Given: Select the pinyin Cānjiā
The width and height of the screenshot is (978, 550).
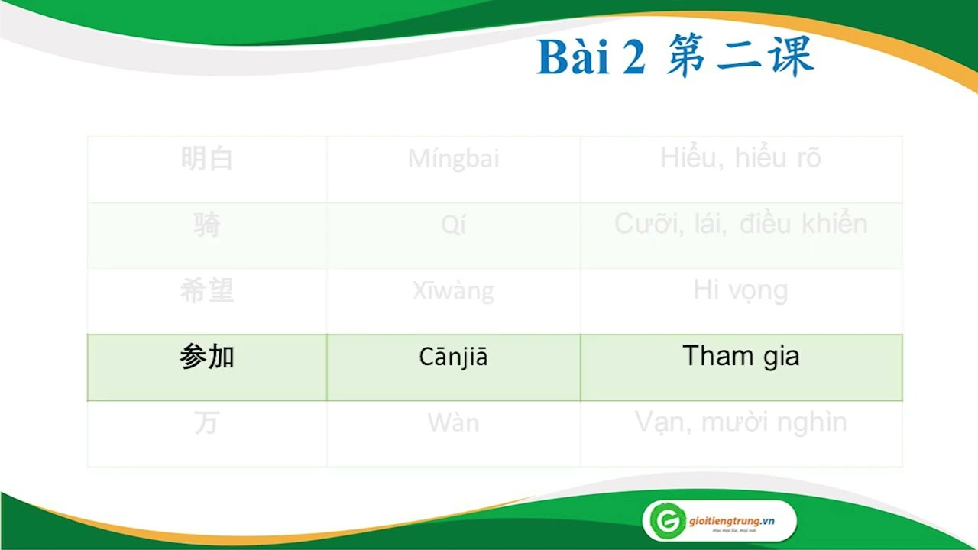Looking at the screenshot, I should click(x=453, y=357).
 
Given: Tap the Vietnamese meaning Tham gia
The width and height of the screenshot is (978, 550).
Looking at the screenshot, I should click(x=740, y=356).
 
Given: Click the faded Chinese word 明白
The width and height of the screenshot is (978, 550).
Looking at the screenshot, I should click(x=207, y=159).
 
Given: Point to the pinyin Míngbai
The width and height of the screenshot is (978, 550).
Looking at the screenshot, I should click(x=453, y=159).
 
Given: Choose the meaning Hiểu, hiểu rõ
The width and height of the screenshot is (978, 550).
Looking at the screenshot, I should click(x=740, y=158).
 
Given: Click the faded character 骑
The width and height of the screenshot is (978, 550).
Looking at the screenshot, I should click(x=207, y=225).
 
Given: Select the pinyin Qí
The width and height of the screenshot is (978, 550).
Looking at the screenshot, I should click(x=453, y=225).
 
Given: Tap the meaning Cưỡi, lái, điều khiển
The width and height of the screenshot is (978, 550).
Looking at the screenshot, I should click(x=740, y=224).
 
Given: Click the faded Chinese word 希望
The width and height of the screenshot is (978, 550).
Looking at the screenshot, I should click(x=207, y=291).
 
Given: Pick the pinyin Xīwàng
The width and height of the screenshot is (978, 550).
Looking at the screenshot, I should click(x=453, y=291).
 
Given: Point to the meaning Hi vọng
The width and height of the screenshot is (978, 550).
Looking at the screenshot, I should click(x=740, y=291).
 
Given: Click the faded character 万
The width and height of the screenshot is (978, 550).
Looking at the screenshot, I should click(x=207, y=422).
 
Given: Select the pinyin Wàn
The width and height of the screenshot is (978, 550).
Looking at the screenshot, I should click(x=453, y=422).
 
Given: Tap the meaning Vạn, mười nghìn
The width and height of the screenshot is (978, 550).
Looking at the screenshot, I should click(x=740, y=422).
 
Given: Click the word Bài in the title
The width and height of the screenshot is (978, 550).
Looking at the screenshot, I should click(x=572, y=58).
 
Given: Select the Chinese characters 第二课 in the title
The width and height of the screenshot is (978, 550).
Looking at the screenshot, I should click(x=739, y=57).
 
